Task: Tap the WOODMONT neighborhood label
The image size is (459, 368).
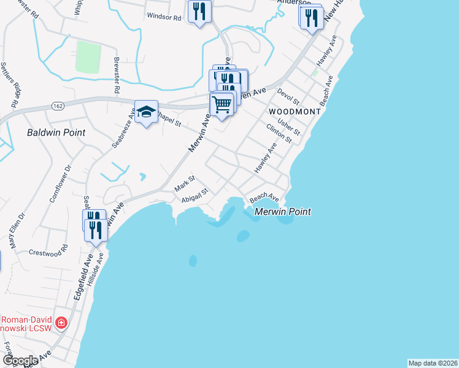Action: click(295, 112)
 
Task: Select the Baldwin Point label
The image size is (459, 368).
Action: click(56, 132)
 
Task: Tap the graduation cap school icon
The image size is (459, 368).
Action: click(146, 112)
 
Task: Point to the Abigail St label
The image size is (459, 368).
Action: click(196, 194)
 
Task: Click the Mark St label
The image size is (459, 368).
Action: click(184, 182)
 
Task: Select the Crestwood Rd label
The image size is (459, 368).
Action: click(47, 252)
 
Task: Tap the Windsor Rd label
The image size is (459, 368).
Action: click(164, 18)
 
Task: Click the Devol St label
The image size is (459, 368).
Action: click(287, 96)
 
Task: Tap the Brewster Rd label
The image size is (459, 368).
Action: click(116, 76)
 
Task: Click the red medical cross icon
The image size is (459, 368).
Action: click(61, 323)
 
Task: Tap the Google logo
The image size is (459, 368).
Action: click(20, 361)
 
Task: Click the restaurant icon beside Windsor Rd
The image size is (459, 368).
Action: click(199, 12)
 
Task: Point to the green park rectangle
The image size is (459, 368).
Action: click(88, 56)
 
